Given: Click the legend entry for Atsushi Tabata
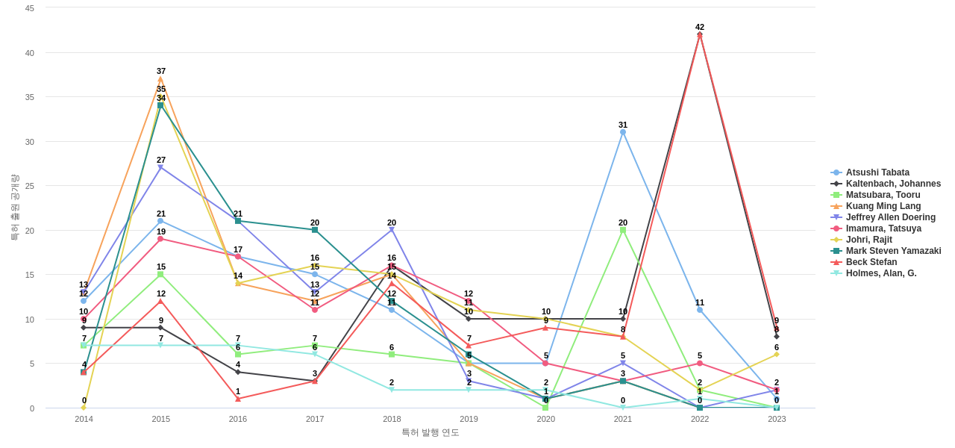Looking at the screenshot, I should click(x=877, y=172).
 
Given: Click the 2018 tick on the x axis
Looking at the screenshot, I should click(x=392, y=419).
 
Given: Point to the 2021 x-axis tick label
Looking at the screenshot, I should click(x=623, y=419).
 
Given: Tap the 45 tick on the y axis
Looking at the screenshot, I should click(x=30, y=8).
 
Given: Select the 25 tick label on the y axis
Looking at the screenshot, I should click(x=30, y=186).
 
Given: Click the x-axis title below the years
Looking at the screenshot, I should click(x=430, y=432).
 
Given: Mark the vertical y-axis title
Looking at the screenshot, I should click(x=14, y=208).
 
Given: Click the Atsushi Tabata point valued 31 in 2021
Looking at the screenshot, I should click(x=623, y=132).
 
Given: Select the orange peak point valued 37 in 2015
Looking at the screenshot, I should click(x=160, y=79).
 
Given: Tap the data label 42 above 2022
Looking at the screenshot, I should click(x=700, y=27).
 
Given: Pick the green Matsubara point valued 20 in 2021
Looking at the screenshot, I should click(x=623, y=230).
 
